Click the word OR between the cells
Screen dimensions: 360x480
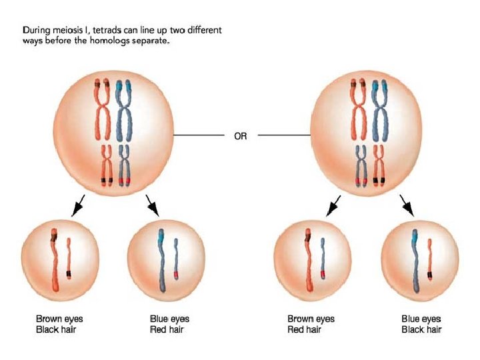(x=240, y=136)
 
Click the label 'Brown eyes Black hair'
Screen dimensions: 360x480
(x=59, y=324)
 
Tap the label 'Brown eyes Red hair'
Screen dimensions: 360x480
(x=311, y=324)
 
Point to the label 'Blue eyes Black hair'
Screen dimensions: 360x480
(x=421, y=324)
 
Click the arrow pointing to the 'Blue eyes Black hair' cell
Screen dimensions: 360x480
(x=407, y=206)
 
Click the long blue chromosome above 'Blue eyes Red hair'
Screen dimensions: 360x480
(x=162, y=260)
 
